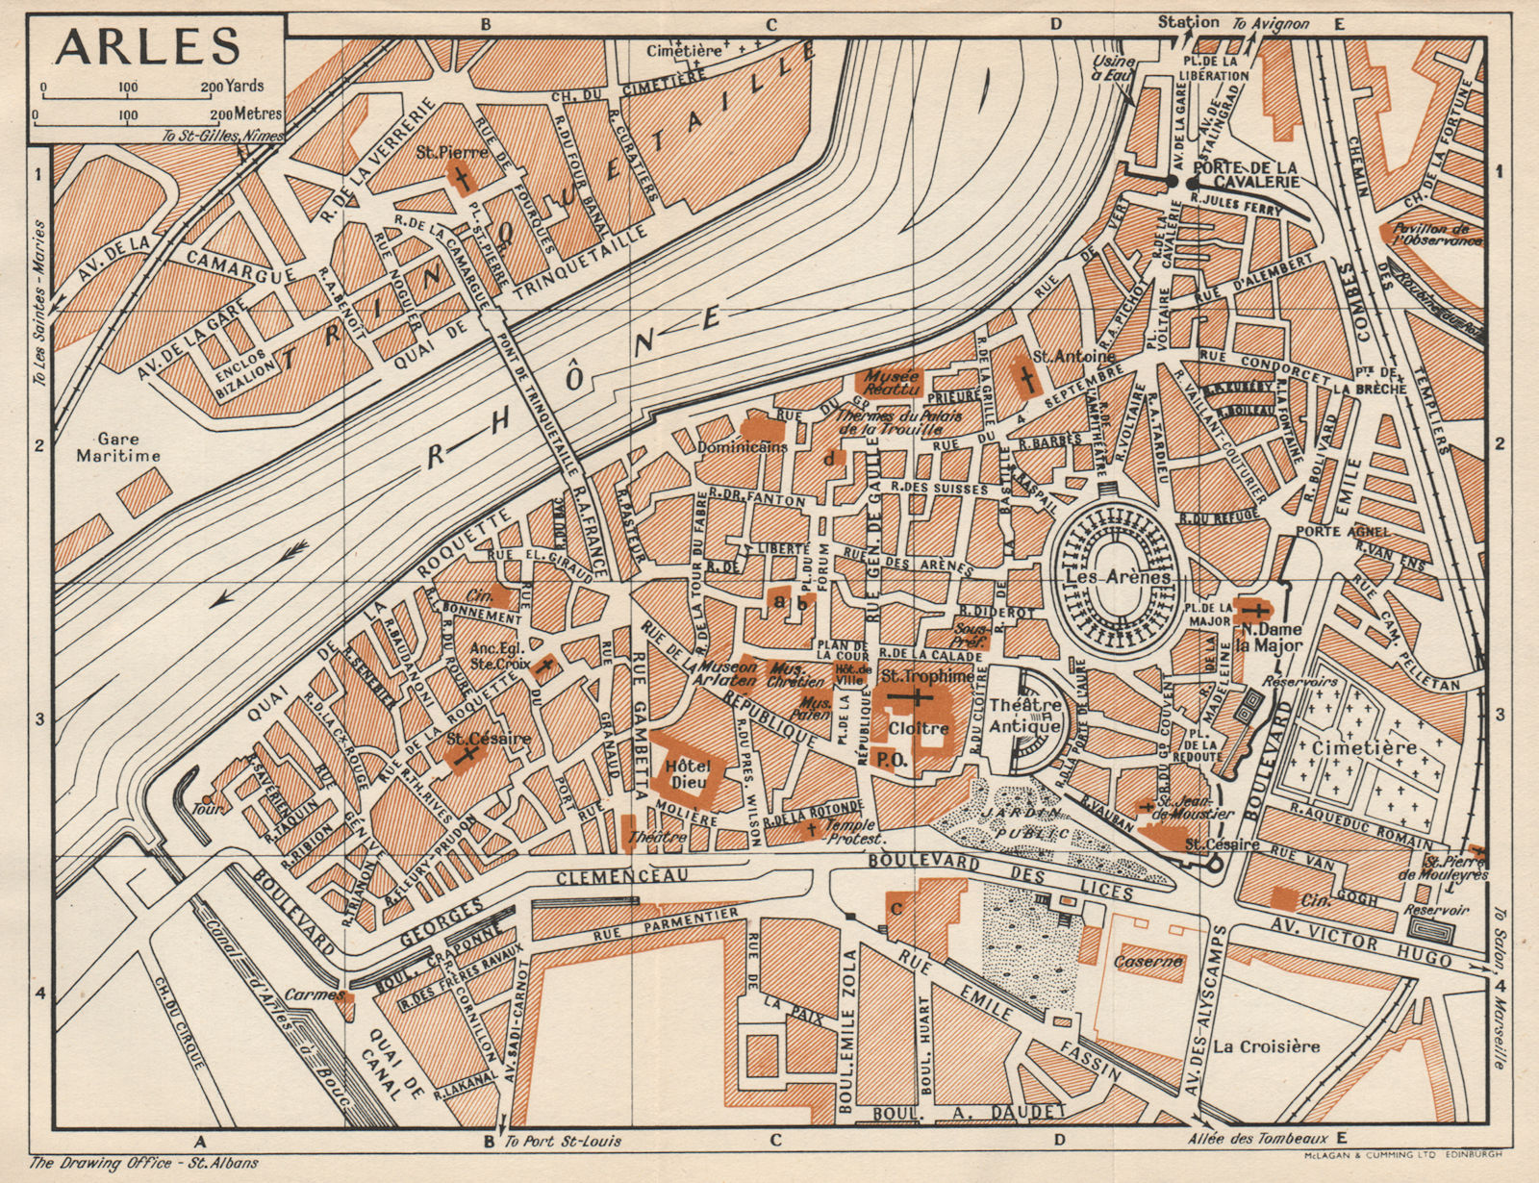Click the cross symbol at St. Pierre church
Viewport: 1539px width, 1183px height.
point(461,180)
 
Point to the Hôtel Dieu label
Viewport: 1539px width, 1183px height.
point(686,775)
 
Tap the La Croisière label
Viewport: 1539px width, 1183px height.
point(1265,1045)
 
